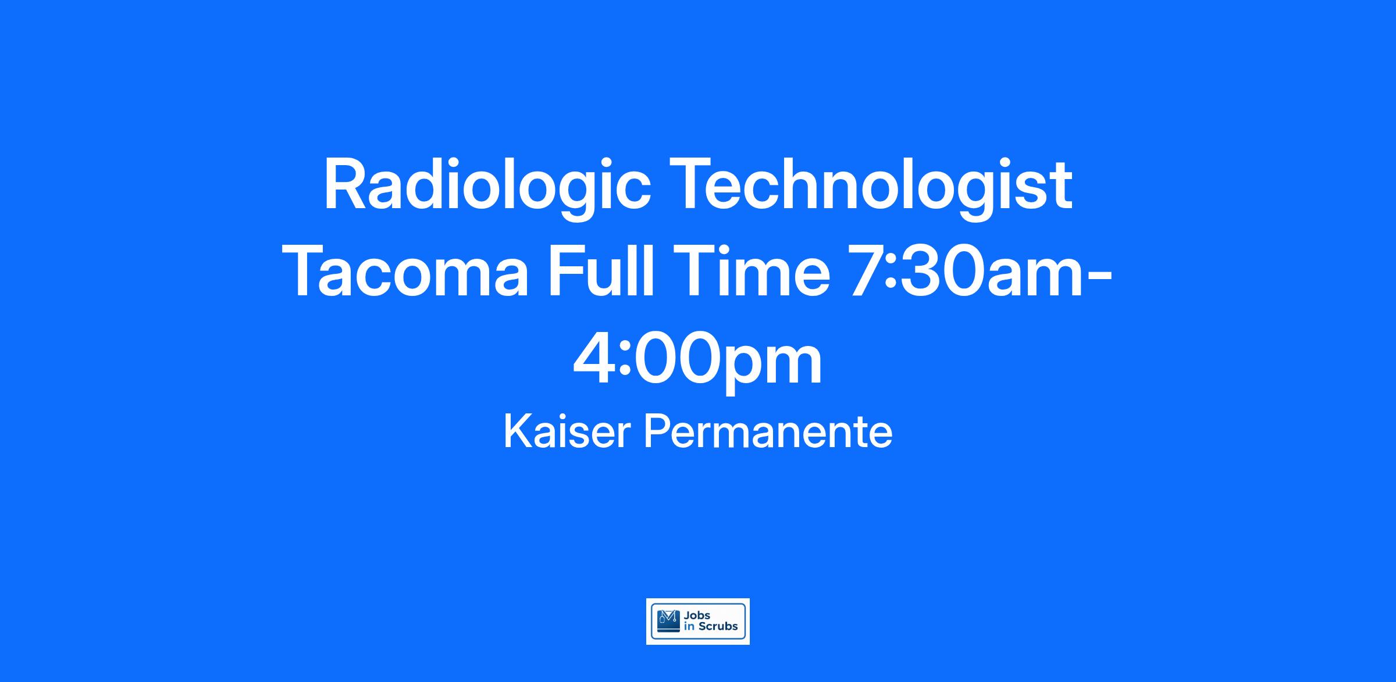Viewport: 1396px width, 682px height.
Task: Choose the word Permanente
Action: [768, 433]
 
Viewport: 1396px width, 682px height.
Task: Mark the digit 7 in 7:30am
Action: [870, 272]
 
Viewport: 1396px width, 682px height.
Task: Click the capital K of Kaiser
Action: [518, 431]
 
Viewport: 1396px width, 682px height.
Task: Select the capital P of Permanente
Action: [657, 431]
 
